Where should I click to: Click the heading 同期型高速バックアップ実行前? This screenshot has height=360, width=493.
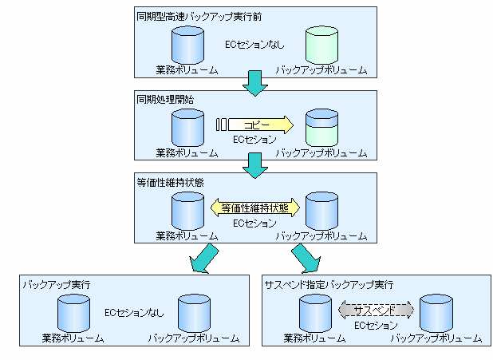[x=199, y=16]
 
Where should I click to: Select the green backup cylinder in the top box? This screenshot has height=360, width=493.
[x=322, y=45]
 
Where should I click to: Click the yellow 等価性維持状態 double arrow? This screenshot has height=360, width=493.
[x=255, y=208]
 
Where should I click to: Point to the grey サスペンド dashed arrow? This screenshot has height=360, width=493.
[x=376, y=310]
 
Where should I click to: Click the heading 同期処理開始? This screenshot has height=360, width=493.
[x=165, y=100]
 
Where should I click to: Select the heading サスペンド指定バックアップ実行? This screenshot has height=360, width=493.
[x=329, y=284]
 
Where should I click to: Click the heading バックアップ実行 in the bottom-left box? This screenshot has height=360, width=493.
[x=57, y=284]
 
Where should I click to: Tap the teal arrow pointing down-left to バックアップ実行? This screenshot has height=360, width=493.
[x=203, y=258]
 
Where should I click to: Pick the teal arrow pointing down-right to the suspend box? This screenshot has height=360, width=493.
[x=306, y=258]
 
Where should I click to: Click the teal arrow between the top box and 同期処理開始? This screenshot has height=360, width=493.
[x=255, y=83]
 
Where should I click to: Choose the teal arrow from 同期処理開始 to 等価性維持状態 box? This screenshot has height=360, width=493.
[x=255, y=166]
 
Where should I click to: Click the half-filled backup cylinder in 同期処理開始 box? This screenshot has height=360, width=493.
[x=322, y=128]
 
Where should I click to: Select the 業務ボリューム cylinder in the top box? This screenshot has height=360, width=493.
[x=188, y=45]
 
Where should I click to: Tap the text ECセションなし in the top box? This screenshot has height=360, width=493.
[x=254, y=45]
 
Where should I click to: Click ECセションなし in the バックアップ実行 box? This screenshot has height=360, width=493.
[x=134, y=312]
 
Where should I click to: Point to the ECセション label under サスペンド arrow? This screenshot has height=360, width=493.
[x=376, y=326]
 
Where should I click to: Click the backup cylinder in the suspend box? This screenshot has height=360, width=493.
[x=436, y=313]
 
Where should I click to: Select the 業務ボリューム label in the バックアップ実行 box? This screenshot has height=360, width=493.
[x=73, y=338]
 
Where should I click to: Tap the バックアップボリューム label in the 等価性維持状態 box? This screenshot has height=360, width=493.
[x=321, y=236]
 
